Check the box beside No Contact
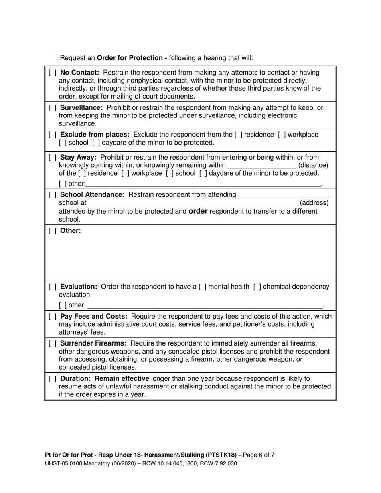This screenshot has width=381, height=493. [x=52, y=73]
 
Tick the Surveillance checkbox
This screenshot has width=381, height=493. [x=52, y=108]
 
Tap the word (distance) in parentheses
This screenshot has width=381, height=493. [x=313, y=165]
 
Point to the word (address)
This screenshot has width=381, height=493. [x=314, y=203]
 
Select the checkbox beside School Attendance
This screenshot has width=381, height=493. [x=52, y=195]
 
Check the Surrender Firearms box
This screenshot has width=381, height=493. [x=52, y=343]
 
